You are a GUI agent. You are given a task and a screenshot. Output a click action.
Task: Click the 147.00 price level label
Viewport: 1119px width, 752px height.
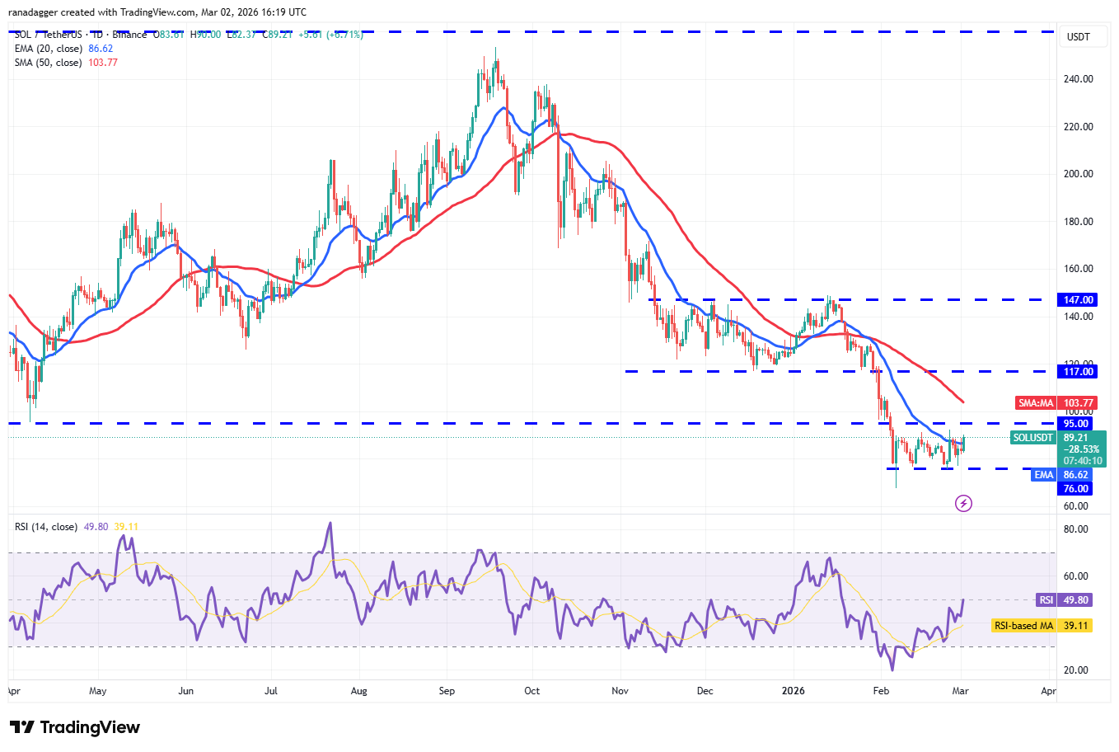click(1079, 300)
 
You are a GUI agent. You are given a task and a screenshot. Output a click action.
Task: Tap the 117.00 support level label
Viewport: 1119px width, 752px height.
click(1079, 372)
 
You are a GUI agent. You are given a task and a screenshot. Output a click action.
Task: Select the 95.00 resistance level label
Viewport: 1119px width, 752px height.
click(1076, 424)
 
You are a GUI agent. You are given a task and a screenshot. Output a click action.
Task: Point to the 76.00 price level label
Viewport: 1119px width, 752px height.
click(1075, 489)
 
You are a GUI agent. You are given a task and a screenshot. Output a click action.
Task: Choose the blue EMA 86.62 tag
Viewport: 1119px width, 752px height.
click(1063, 475)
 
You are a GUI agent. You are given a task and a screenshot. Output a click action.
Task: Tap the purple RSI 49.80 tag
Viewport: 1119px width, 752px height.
click(1064, 600)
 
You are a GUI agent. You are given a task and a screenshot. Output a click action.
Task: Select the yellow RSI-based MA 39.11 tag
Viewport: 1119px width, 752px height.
click(1042, 626)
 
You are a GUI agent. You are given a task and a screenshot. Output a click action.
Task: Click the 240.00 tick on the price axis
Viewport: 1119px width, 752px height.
click(1079, 79)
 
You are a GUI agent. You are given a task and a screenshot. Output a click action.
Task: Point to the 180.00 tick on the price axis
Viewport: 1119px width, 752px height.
click(1079, 222)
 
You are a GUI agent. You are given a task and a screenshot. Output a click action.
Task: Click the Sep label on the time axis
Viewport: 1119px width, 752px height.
click(447, 691)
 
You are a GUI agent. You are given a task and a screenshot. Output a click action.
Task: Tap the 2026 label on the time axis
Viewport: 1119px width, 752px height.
click(793, 691)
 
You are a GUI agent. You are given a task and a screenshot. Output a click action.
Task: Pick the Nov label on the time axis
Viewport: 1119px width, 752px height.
click(620, 691)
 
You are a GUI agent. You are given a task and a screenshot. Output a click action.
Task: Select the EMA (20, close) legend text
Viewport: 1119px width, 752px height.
click(48, 49)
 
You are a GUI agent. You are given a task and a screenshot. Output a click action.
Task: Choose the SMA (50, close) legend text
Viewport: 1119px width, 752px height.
click(48, 63)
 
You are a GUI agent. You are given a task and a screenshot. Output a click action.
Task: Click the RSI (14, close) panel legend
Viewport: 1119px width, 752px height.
click(46, 527)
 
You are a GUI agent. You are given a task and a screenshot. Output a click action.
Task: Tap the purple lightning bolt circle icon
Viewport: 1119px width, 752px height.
click(963, 503)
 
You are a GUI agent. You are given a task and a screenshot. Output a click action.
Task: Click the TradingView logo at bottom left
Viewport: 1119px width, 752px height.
click(75, 727)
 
